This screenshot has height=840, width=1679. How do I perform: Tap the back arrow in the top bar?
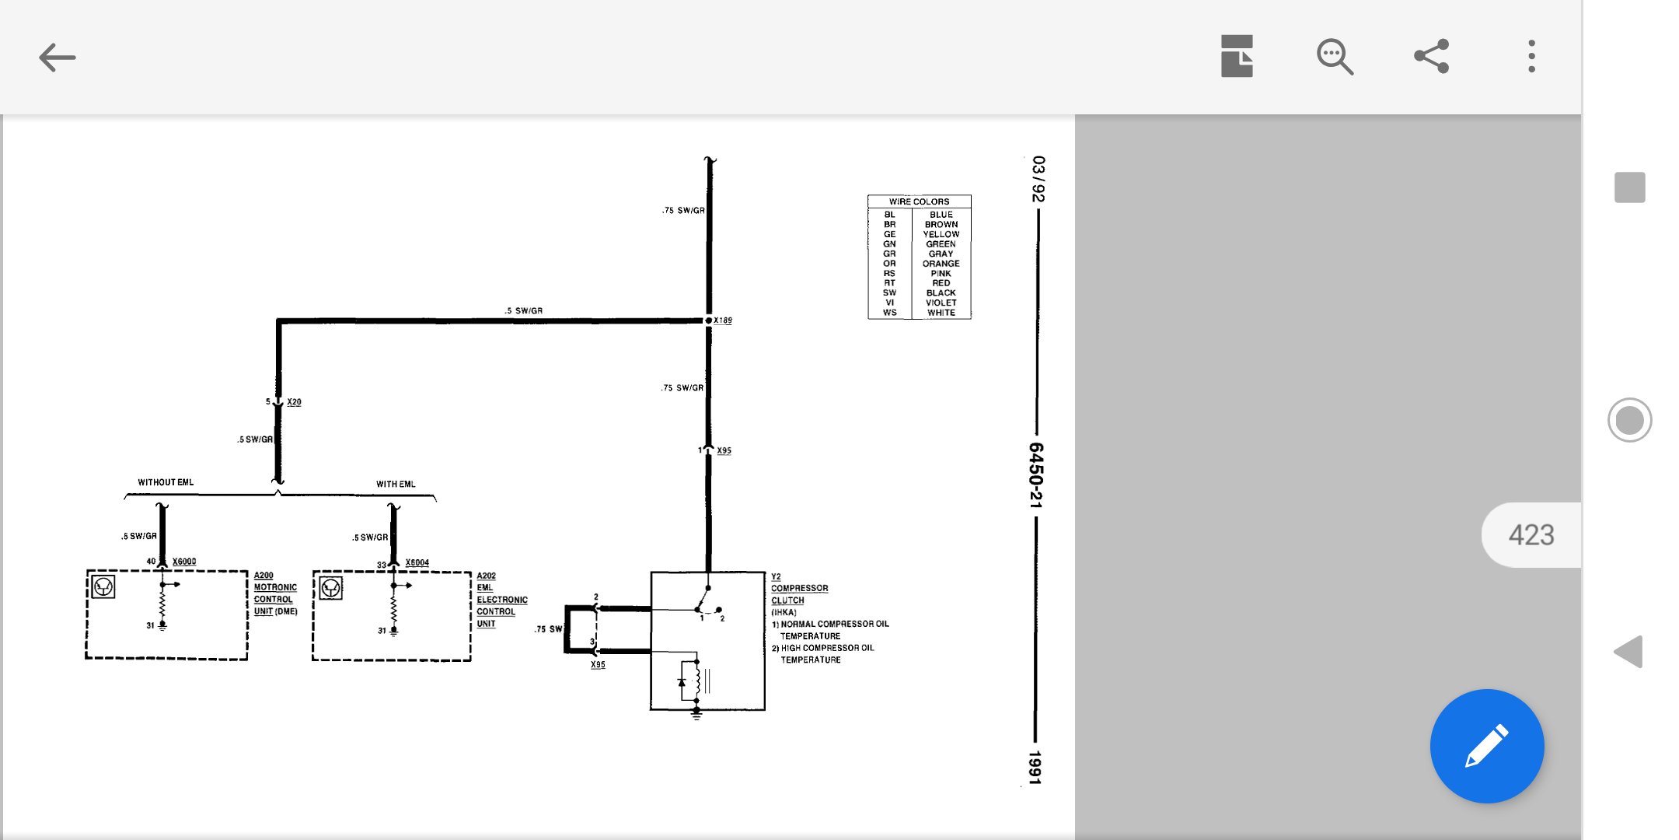(x=57, y=57)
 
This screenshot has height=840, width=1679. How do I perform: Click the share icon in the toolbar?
(x=1431, y=56)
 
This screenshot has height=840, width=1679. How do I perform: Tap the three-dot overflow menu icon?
(x=1531, y=56)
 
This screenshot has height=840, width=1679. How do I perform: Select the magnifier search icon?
(x=1335, y=57)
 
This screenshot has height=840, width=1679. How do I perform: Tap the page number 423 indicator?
(x=1531, y=535)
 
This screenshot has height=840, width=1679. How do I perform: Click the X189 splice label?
(x=723, y=320)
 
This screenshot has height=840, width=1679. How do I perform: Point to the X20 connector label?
(x=294, y=402)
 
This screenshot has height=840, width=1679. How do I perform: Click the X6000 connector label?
(x=184, y=562)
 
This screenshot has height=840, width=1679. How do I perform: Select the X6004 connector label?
(x=417, y=562)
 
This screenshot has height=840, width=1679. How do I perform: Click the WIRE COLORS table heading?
(x=920, y=201)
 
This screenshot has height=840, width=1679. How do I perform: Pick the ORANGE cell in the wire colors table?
(x=941, y=264)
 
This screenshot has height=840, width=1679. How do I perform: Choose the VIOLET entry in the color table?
(x=941, y=303)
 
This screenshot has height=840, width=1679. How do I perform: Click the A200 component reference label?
(x=264, y=576)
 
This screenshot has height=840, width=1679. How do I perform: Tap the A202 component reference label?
(x=487, y=576)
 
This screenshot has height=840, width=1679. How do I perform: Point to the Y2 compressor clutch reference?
(x=776, y=576)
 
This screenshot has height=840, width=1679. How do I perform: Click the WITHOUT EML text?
(x=166, y=482)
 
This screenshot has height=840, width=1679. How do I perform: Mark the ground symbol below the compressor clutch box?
(x=696, y=714)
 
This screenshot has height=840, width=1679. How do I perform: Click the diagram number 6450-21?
(x=1036, y=475)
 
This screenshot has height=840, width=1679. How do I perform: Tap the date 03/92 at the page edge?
(x=1038, y=179)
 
